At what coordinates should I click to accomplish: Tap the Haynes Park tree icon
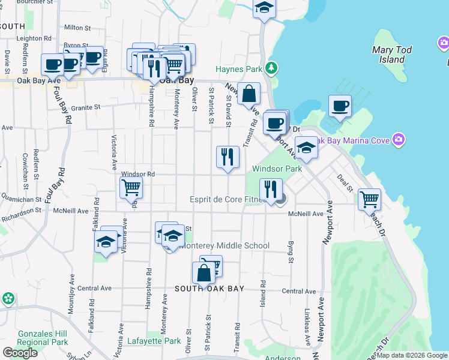pyautogui.click(x=273, y=68)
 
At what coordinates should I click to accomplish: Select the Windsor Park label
pyautogui.click(x=277, y=169)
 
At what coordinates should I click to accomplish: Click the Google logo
pyautogui.click(x=20, y=353)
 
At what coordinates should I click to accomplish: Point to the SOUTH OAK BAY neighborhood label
pyautogui.click(x=209, y=289)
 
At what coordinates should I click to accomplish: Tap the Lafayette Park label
pyautogui.click(x=154, y=341)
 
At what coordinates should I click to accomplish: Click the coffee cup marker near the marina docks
pyautogui.click(x=341, y=106)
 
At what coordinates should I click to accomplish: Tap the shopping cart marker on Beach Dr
pyautogui.click(x=369, y=199)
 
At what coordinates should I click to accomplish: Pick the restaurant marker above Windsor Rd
pyautogui.click(x=228, y=157)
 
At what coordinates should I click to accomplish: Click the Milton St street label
pyautogui.click(x=77, y=28)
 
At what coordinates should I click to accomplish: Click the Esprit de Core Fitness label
pyautogui.click(x=227, y=199)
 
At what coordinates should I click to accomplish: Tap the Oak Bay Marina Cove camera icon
pyautogui.click(x=398, y=140)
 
